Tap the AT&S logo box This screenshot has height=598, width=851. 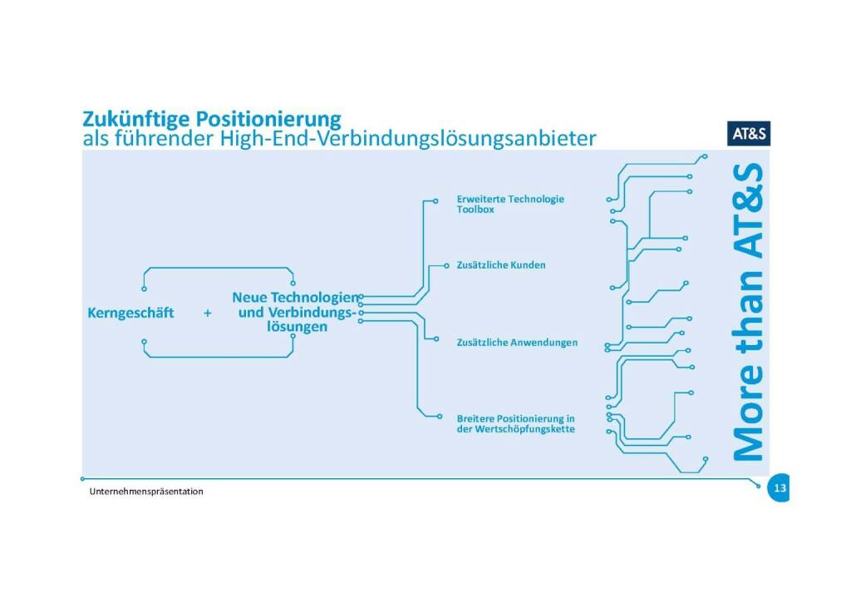(749, 132)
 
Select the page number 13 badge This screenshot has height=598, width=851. (779, 488)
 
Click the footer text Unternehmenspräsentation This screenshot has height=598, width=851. (146, 492)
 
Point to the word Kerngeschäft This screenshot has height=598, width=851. (130, 314)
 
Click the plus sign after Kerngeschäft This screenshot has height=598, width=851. (207, 314)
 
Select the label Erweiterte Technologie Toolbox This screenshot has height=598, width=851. (509, 205)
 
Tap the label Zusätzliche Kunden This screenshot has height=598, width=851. (501, 265)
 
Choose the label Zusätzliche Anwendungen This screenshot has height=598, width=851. (517, 343)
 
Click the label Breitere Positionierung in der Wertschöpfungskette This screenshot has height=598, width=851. (516, 423)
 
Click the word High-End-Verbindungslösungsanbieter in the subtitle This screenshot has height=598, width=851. (407, 138)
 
